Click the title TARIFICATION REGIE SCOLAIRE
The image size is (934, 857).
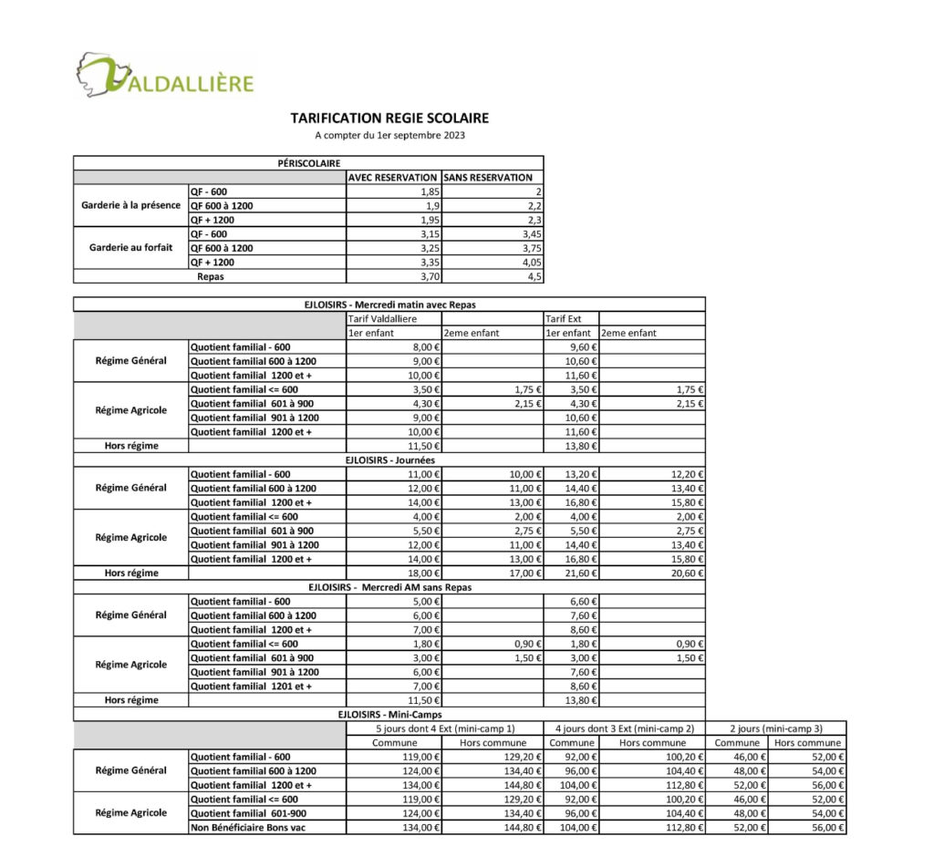click(389, 119)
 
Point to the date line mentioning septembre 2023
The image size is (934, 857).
click(389, 136)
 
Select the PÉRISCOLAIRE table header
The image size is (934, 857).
click(308, 162)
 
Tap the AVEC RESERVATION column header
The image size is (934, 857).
click(393, 178)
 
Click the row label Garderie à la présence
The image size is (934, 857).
click(130, 205)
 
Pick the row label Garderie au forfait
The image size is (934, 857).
click(130, 247)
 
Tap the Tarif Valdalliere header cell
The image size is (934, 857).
click(383, 319)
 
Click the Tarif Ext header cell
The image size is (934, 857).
click(564, 319)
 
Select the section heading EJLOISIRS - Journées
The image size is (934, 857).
click(389, 460)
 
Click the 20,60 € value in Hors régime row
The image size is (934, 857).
click(685, 573)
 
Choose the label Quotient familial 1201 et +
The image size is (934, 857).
click(251, 686)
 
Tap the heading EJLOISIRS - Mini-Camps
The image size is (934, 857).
click(389, 714)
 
